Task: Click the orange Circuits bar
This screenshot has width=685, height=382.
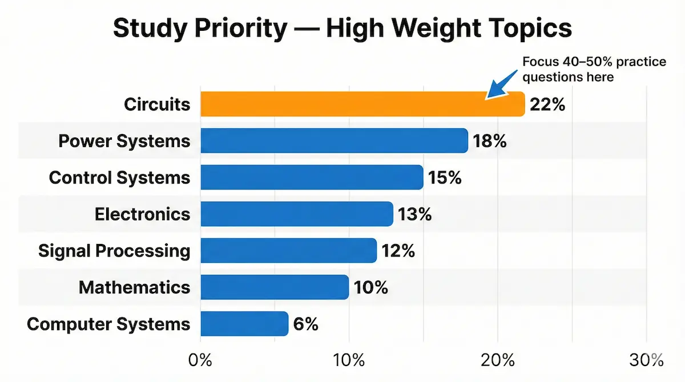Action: click(x=362, y=104)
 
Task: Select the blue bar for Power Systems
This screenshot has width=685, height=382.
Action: click(x=334, y=141)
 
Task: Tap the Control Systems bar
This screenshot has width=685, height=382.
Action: click(x=312, y=177)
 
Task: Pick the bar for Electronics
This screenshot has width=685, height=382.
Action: click(x=297, y=214)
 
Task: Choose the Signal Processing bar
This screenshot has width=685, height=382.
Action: click(x=288, y=250)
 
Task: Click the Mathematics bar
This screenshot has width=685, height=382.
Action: click(x=275, y=287)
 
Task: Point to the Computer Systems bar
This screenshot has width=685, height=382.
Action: click(x=244, y=323)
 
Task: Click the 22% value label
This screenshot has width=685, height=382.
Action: click(x=547, y=105)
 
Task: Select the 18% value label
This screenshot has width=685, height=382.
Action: click(x=490, y=141)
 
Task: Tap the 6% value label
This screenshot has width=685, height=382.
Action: click(x=305, y=324)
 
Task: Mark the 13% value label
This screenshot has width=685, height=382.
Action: click(x=415, y=214)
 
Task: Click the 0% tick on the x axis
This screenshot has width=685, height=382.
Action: click(x=200, y=360)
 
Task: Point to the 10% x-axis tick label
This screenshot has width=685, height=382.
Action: click(x=349, y=360)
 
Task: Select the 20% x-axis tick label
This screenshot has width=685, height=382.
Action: click(x=497, y=360)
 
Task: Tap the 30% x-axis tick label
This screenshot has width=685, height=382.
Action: click(x=646, y=360)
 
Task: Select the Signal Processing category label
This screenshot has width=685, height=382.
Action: click(x=114, y=251)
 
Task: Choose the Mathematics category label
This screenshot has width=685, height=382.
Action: click(x=134, y=287)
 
